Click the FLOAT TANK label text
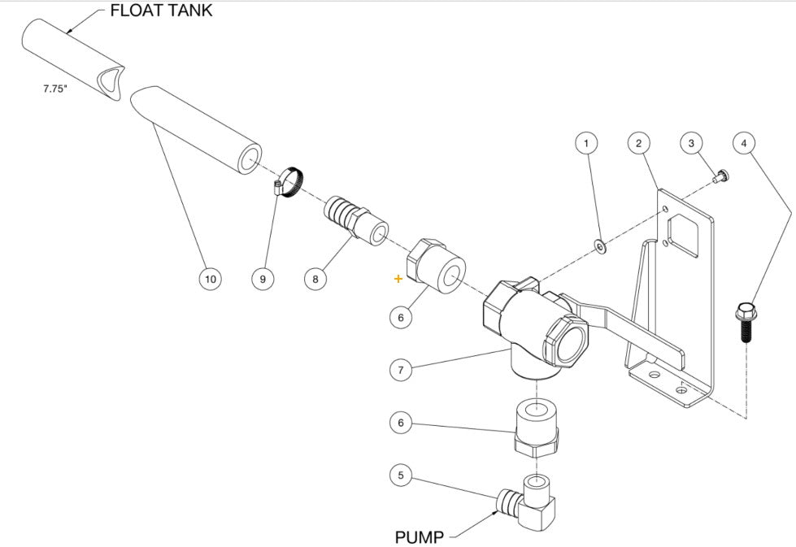click(x=161, y=11)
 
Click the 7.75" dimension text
click(x=55, y=89)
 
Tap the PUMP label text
click(x=419, y=537)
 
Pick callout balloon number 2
click(x=639, y=143)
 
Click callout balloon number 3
click(x=691, y=143)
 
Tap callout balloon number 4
click(x=742, y=143)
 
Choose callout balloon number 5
click(x=400, y=475)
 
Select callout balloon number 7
click(x=400, y=370)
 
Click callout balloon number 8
click(x=315, y=279)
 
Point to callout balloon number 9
click(x=263, y=279)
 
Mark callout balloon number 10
click(x=210, y=279)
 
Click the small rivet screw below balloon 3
click(x=719, y=176)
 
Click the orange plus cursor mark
click(x=398, y=279)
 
